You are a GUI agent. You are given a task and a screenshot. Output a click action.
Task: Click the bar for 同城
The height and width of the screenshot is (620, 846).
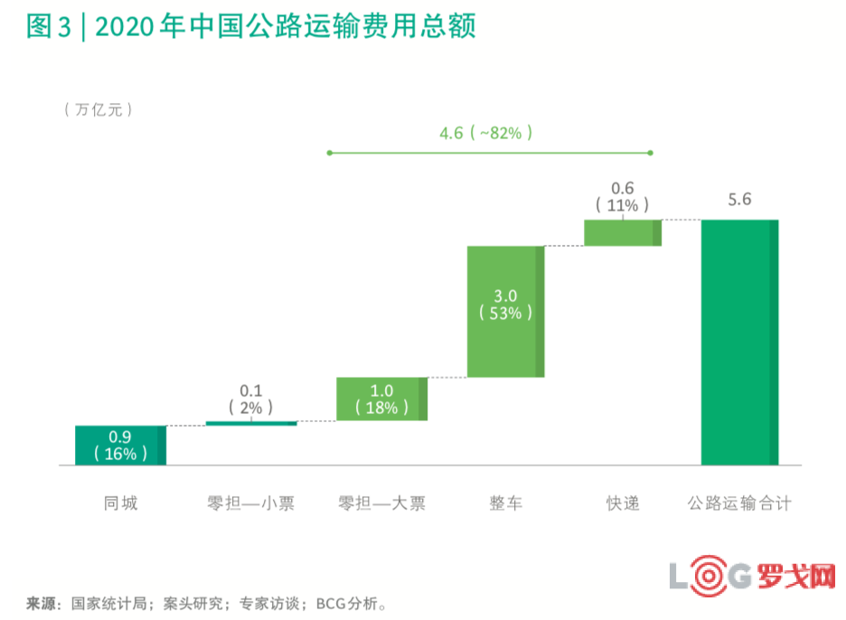click(120, 445)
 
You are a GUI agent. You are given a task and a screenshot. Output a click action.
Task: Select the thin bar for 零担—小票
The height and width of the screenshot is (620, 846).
click(251, 423)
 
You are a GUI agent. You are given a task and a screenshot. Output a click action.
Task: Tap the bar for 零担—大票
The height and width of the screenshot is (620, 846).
click(381, 399)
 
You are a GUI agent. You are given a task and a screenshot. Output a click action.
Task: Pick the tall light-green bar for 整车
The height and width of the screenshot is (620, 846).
click(505, 311)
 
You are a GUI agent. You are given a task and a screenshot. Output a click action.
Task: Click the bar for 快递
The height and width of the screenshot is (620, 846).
click(622, 232)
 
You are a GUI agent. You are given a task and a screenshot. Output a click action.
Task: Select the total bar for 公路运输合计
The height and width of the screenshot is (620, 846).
click(739, 342)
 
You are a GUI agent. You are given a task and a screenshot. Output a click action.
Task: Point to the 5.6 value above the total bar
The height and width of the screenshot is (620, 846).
click(739, 200)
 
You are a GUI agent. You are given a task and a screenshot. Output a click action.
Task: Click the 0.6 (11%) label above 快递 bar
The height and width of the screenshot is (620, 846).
click(623, 197)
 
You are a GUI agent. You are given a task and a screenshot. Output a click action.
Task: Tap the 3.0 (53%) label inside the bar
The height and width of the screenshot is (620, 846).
click(505, 304)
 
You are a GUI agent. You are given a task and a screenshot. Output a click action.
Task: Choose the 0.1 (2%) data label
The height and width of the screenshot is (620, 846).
click(251, 399)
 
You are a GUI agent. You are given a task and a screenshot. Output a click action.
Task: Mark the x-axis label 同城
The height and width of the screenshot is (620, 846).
click(120, 503)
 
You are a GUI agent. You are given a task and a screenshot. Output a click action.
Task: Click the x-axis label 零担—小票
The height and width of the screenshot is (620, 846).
click(251, 503)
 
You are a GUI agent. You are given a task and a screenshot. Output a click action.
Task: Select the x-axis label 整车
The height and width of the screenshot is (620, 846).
click(505, 503)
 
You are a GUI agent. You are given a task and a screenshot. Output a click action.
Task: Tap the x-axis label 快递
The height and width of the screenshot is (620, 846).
click(623, 503)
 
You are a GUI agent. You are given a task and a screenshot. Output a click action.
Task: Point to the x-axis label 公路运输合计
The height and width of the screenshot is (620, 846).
click(739, 503)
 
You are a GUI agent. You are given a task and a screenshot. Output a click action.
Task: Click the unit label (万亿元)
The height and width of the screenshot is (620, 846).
click(99, 109)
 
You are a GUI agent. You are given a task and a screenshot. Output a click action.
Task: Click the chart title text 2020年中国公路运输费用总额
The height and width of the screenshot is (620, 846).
click(285, 27)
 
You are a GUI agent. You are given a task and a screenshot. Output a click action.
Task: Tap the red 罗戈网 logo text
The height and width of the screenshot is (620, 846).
click(795, 577)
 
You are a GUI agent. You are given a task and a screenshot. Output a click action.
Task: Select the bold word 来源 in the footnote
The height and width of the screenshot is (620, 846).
click(42, 602)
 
